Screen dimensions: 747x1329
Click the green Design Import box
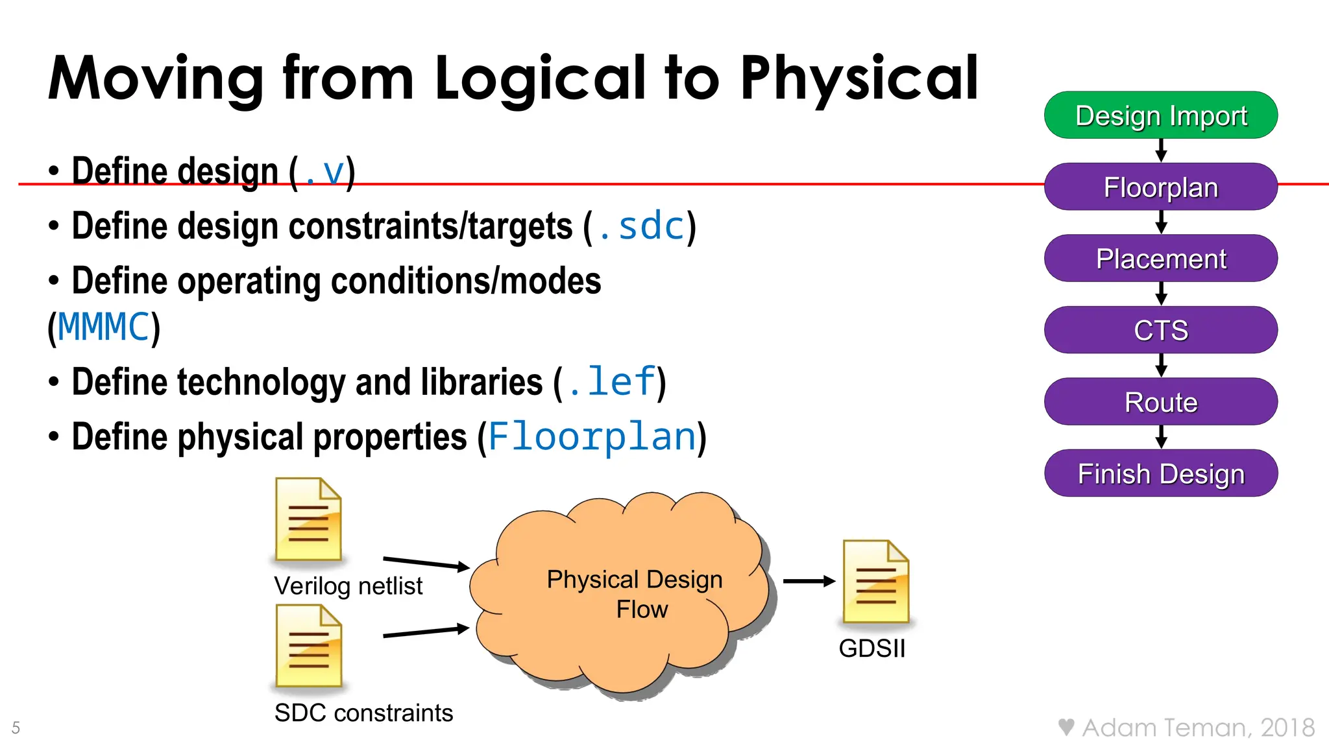point(1160,115)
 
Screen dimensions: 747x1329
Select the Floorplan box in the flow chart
point(1160,187)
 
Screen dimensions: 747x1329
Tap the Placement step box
point(1160,259)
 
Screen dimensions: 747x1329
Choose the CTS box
point(1160,330)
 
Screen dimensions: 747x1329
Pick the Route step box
point(1160,402)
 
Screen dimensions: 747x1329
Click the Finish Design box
point(1160,473)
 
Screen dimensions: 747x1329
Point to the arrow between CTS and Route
point(1161,366)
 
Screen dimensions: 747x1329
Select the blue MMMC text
point(104,327)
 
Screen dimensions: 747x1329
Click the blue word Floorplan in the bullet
point(592,436)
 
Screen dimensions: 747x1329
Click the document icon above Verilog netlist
point(308,519)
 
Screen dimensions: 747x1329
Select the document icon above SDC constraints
point(308,646)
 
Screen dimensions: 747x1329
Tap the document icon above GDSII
point(875,582)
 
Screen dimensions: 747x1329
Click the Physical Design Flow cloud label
point(635,594)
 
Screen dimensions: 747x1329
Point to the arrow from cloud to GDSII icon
point(809,581)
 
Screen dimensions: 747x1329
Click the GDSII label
point(872,648)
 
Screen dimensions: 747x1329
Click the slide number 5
point(16,728)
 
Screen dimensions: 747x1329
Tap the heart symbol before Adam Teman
point(1066,727)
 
